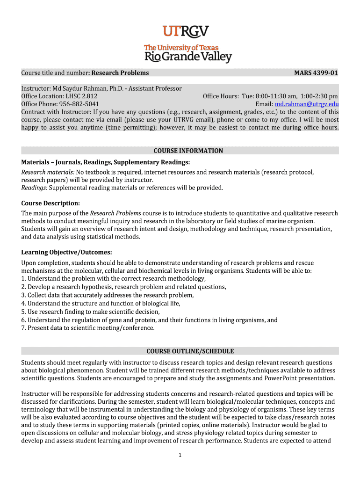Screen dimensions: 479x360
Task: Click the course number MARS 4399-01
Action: (316, 73)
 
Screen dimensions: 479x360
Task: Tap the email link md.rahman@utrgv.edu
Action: (307, 104)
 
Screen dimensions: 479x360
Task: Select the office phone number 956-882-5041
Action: (79, 104)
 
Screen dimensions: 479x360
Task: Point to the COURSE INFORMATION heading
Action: (188, 151)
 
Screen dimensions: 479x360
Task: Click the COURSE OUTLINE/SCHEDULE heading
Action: (190, 351)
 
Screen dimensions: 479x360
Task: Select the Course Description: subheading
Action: (50, 203)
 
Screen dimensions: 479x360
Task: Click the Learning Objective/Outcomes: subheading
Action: (67, 253)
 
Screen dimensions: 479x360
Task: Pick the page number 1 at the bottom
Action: (180, 457)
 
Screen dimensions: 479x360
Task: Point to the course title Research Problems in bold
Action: (120, 73)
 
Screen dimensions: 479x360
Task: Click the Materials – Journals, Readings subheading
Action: (105, 162)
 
